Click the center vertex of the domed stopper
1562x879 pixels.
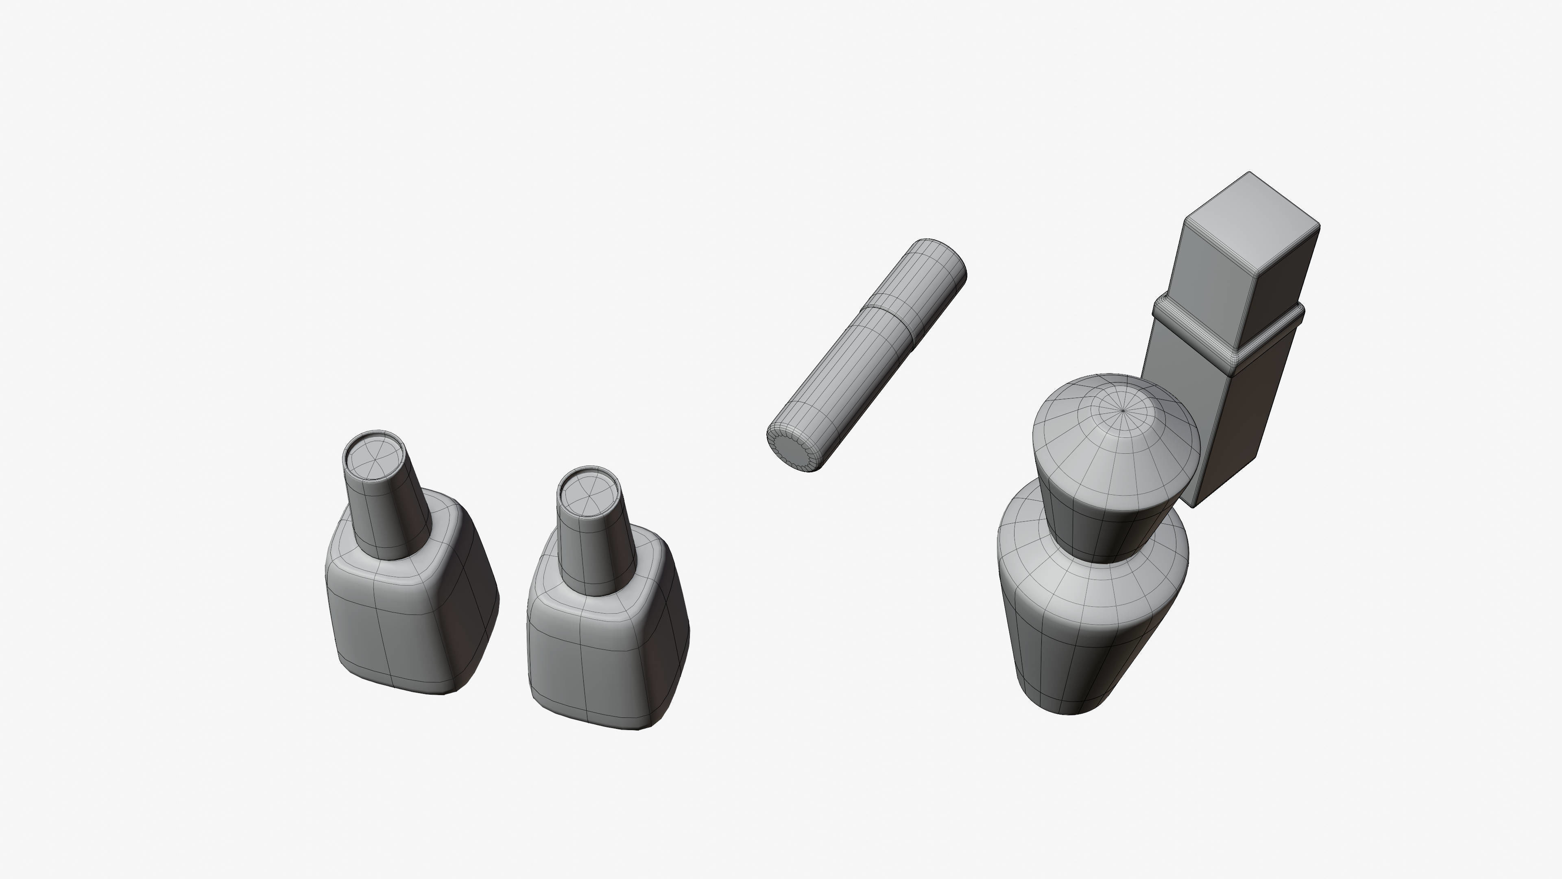[1123, 411]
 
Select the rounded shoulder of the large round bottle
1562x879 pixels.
[1079, 582]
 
